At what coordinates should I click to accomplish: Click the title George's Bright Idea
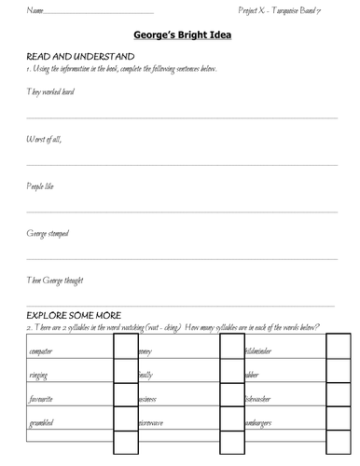[179, 35]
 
